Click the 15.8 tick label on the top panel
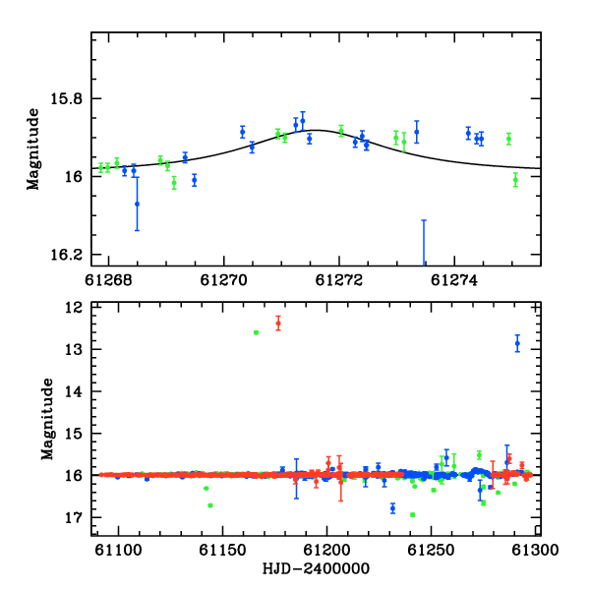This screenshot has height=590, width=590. point(66,99)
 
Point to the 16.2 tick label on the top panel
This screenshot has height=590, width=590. point(66,255)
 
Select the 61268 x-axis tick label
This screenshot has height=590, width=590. point(108,280)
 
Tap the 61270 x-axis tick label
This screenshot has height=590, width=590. point(224,280)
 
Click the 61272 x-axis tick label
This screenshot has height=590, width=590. point(339,280)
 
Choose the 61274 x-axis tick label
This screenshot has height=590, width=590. point(454,280)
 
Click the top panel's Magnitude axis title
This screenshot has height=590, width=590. point(32,149)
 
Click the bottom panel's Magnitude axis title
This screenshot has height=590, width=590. point(47,419)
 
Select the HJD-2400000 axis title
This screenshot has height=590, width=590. point(316,568)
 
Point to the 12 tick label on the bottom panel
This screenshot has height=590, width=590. point(74,308)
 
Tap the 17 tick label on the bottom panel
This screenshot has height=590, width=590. point(74,518)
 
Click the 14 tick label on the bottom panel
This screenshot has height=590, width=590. point(74,391)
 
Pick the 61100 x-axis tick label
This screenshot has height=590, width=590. point(119,550)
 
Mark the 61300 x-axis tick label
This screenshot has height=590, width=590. point(536,550)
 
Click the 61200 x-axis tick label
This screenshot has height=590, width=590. point(327,550)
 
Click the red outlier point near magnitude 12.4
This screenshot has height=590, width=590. point(278,324)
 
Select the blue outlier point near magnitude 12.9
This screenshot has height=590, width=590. point(518,343)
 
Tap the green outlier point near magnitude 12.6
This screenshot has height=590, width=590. point(257,332)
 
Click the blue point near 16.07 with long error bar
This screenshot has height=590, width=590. point(137,204)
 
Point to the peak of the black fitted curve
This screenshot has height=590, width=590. point(317,130)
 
